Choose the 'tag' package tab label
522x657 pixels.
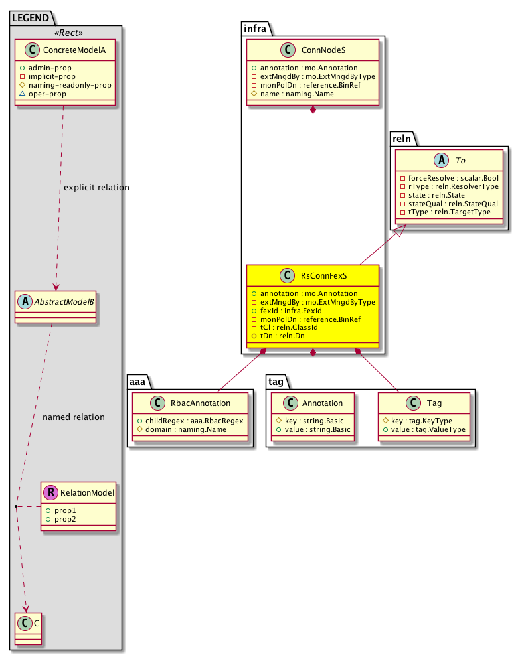[277, 380]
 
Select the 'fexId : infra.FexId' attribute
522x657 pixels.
[295, 311]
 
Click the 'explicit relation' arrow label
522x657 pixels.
[96, 188]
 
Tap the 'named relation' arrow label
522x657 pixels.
[73, 417]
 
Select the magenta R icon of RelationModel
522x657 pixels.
[49, 493]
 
